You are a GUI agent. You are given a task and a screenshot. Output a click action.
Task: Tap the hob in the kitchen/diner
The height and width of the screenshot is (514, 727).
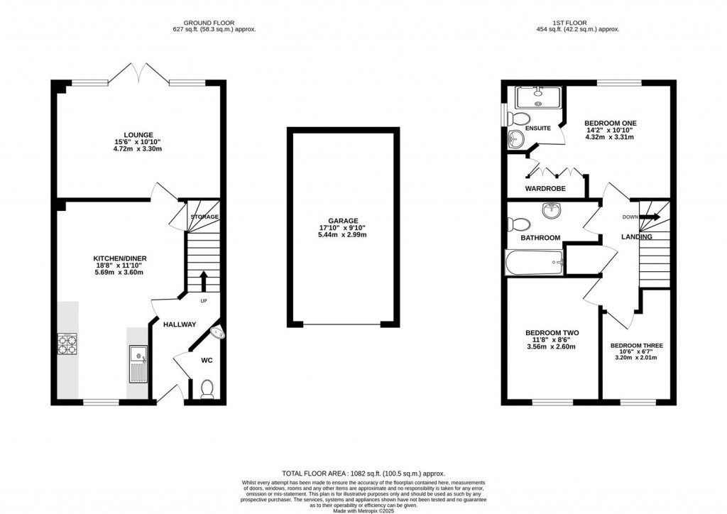[67, 344]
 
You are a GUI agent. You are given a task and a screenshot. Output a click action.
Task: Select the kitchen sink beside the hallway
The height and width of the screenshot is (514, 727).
[138, 363]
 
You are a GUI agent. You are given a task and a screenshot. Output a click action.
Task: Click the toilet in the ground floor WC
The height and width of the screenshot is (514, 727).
[207, 388]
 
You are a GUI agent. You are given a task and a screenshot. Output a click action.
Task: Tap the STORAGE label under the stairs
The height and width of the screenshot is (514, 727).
[204, 217]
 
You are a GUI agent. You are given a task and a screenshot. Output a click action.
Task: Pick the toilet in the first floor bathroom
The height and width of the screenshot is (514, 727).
[518, 224]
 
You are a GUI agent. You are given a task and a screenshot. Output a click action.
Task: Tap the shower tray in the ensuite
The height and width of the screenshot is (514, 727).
[537, 96]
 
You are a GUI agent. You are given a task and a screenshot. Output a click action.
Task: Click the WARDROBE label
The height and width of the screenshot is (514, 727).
[545, 189]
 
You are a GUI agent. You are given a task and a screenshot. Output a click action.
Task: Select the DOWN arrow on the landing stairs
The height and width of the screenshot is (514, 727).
[651, 217]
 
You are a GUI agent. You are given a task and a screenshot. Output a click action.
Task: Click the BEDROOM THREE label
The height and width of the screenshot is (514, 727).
[636, 346]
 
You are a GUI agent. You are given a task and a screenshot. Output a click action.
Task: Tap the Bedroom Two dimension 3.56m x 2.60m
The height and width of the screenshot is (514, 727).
[551, 347]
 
